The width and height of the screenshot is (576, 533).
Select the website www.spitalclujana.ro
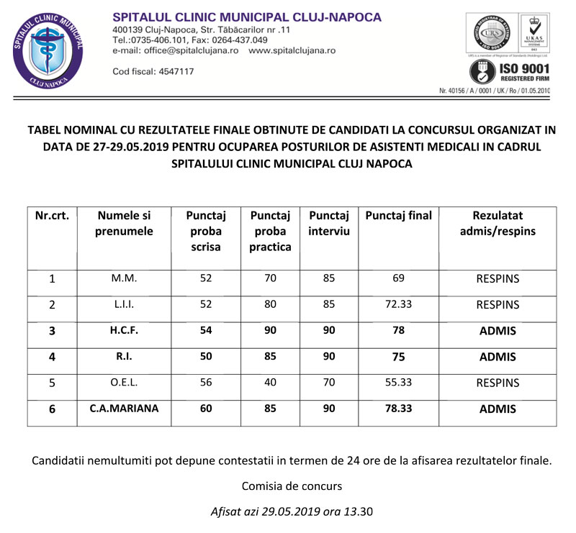[292, 51]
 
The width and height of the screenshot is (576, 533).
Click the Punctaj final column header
[399, 216]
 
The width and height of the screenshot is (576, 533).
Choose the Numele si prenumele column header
[124, 223]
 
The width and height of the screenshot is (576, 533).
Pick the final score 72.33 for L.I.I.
[398, 304]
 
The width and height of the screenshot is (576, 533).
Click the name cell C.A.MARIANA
[124, 409]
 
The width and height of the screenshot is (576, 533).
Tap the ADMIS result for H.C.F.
[498, 330]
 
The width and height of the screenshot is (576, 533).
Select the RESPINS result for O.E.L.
[498, 383]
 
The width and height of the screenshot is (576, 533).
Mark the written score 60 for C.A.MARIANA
[206, 409]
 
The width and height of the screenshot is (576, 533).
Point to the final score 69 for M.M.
[398, 278]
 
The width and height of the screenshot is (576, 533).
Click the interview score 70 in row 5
[328, 383]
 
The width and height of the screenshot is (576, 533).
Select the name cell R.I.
[124, 357]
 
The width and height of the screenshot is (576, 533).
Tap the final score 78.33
[398, 409]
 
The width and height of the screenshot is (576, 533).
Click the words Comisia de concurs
[292, 486]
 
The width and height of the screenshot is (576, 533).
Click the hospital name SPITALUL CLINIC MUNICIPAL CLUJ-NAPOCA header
[247, 17]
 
